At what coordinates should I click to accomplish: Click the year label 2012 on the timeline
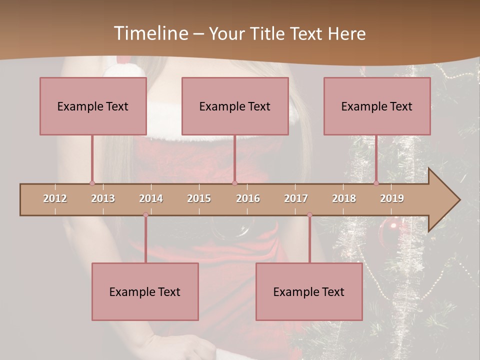55,198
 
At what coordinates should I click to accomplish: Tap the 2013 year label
103,198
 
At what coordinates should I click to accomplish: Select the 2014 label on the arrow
151,198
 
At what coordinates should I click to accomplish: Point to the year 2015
199,198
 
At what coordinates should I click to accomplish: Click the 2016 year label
248,198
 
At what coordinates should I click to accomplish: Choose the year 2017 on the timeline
296,198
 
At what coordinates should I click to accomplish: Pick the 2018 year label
344,198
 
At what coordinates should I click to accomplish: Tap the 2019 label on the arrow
392,198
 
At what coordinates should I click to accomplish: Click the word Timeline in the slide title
150,33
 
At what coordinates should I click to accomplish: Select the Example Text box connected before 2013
93,106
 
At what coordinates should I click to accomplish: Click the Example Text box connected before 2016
235,106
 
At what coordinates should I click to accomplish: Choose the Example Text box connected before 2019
377,106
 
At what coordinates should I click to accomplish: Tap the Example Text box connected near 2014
145,291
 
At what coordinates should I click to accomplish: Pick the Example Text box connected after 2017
309,291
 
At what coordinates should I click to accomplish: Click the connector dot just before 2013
92,183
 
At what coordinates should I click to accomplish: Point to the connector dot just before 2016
234,183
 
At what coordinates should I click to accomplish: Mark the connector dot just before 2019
376,183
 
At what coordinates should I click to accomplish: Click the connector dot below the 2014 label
145,215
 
